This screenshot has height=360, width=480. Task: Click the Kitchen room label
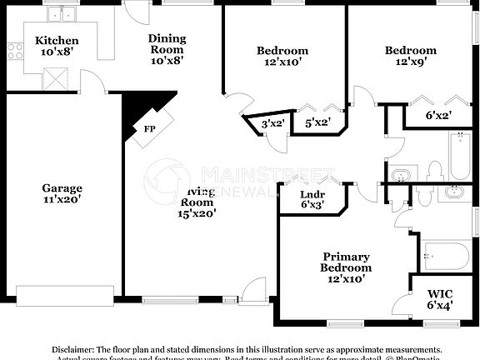coord(57,47)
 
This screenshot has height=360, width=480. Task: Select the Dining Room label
coord(167,49)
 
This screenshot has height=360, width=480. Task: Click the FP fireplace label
coord(149,129)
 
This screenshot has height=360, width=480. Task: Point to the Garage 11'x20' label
coord(62,194)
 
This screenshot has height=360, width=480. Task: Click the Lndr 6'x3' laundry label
coord(312,199)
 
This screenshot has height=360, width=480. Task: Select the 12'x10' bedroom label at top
coord(282,57)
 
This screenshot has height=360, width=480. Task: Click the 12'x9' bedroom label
coord(410,56)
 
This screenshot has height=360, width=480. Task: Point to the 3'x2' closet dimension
coord(273,124)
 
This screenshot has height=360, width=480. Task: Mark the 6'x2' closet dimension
coord(438,116)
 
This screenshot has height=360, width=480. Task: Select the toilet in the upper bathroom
coord(432,171)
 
